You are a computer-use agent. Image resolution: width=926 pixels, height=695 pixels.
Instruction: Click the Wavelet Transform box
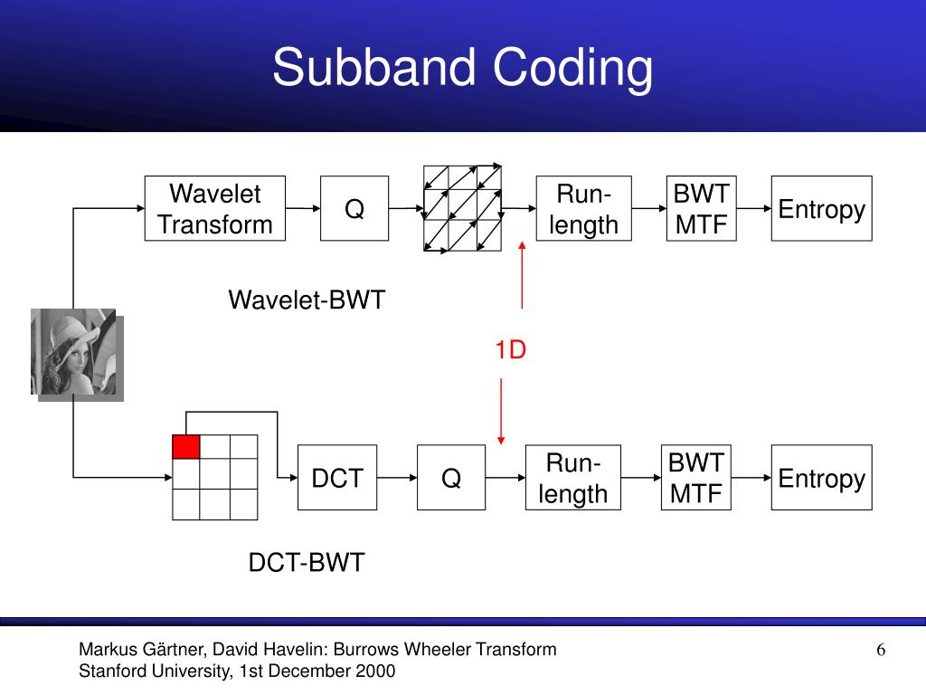215,209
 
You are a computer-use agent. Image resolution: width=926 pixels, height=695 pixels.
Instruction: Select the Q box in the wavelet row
354,209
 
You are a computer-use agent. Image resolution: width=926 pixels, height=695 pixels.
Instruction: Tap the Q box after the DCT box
450,478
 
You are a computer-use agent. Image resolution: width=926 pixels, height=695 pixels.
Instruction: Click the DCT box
337,478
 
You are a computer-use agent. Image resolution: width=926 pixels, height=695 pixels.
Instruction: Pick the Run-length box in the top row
583,209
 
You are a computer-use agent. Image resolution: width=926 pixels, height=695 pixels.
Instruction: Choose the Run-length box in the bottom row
572,478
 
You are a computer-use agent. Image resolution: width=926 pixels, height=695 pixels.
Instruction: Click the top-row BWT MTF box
702,209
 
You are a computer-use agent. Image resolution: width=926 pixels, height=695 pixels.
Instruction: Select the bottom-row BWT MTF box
696,478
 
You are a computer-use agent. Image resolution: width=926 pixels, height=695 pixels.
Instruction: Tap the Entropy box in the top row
821,209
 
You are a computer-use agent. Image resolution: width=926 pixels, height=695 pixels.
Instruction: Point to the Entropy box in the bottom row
821,478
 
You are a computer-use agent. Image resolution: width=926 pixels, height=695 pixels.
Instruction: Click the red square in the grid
185,447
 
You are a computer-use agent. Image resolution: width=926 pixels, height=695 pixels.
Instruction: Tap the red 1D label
510,350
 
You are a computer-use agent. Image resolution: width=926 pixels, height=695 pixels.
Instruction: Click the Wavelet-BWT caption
307,300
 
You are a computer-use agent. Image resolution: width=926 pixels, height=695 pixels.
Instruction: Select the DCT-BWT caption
307,563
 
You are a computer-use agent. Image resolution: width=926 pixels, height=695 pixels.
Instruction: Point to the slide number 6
880,650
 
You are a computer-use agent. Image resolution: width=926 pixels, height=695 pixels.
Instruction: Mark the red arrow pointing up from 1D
522,276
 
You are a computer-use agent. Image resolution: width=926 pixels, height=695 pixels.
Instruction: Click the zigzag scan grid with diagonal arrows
463,209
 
